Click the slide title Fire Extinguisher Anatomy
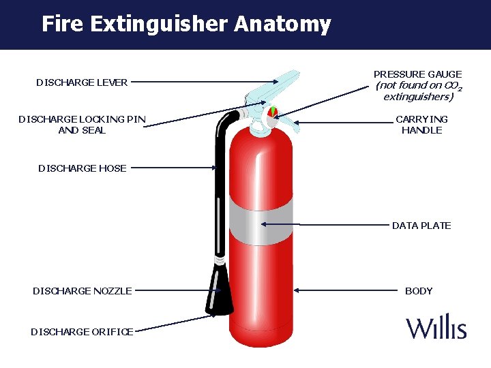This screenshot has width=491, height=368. (185, 25)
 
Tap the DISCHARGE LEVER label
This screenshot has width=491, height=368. (82, 82)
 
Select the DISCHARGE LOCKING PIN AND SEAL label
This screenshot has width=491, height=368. (82, 125)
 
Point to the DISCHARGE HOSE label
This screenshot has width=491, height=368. (83, 168)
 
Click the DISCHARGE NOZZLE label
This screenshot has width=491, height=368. (83, 291)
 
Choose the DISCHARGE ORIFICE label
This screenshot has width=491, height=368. (82, 332)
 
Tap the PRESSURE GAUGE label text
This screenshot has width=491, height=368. (417, 74)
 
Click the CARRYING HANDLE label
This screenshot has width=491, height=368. (421, 125)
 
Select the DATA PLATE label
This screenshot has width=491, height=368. (421, 226)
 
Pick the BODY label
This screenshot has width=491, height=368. (419, 291)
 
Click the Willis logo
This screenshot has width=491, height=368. (436, 327)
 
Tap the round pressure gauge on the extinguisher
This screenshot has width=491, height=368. (272, 111)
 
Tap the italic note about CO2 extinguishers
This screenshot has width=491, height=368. (417, 91)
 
